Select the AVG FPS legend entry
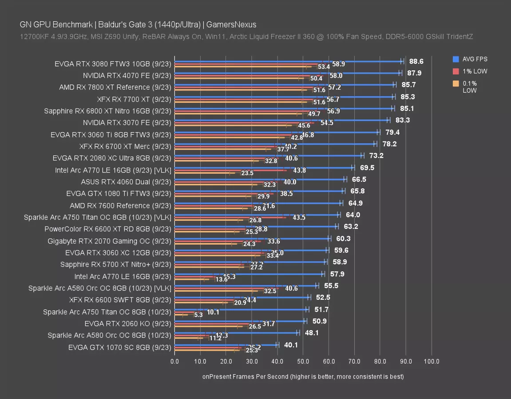pyautogui.click(x=474, y=59)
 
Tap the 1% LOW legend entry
pyautogui.click(x=473, y=71)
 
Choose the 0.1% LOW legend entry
pyautogui.click(x=470, y=86)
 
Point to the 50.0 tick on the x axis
pyautogui.click(x=303, y=361)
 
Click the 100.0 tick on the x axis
pyautogui.click(x=432, y=361)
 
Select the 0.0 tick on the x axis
pyautogui.click(x=175, y=361)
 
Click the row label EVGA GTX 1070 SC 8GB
pyautogui.click(x=119, y=348)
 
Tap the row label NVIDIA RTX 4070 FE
pyautogui.click(x=127, y=75)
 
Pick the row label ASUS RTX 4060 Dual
pyautogui.click(x=126, y=182)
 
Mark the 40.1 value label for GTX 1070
pyautogui.click(x=291, y=345)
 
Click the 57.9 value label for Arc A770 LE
pyautogui.click(x=337, y=274)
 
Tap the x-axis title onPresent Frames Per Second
pyautogui.click(x=303, y=376)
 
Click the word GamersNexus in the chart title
pyautogui.click(x=233, y=24)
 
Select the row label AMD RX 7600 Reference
pyautogui.click(x=120, y=206)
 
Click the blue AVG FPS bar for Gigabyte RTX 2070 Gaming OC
pyautogui.click(x=252, y=238)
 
